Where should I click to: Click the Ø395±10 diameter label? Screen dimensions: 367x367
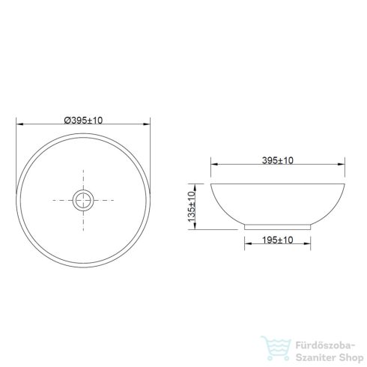coord(83,121)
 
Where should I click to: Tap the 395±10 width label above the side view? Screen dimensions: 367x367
coord(278,160)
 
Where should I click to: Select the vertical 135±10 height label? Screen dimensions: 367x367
coord(192,207)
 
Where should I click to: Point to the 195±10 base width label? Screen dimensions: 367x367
coord(277,240)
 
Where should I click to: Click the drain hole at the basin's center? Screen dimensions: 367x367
coord(83,200)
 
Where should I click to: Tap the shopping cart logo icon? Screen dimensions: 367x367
coord(276,348)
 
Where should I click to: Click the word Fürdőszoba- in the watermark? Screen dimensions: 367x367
coord(325,346)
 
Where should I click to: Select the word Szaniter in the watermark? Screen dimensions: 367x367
coord(316,357)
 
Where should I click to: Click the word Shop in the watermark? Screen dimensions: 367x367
coord(351,358)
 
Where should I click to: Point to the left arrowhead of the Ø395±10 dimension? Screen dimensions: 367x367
coord(19,124)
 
